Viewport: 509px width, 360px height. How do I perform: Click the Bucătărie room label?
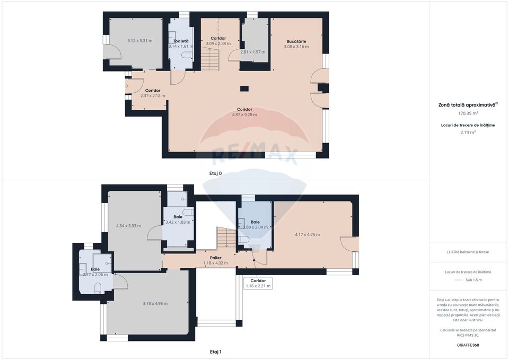coord(296,41)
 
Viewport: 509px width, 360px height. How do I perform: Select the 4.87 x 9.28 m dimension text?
coord(244,115)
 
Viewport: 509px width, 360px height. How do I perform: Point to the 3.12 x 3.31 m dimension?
coord(140,41)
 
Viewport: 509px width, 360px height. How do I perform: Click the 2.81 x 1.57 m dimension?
coord(252,52)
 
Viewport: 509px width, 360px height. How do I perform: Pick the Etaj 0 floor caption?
coord(215,173)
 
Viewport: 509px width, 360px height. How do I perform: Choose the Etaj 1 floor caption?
coord(215,352)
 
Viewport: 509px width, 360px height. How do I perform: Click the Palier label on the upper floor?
coord(215,258)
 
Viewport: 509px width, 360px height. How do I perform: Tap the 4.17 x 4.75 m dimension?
coord(308,234)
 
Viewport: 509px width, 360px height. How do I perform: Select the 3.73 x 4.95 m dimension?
coord(155,303)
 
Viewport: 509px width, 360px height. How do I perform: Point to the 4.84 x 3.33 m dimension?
coord(128,226)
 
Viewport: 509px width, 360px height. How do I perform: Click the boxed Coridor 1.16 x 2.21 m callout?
coord(258,283)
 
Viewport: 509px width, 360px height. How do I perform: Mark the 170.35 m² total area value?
coord(468,113)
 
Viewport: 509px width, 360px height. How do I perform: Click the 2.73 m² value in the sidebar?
coord(468,133)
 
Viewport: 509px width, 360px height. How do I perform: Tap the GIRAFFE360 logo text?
coord(468,345)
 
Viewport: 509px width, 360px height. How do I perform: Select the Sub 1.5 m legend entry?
coord(473,279)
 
